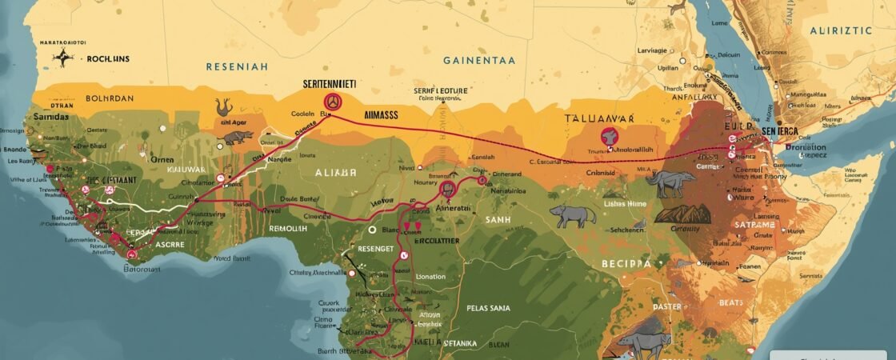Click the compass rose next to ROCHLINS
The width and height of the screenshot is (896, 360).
click(x=62, y=57)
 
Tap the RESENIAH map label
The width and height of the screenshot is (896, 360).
click(x=237, y=67)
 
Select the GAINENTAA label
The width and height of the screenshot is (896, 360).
click(x=479, y=60)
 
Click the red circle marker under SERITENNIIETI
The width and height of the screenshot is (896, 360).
click(x=332, y=102)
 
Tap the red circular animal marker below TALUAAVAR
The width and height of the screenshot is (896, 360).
click(x=609, y=137)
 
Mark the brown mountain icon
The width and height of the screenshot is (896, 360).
click(x=683, y=214)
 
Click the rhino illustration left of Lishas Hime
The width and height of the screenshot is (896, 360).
click(x=573, y=214)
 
